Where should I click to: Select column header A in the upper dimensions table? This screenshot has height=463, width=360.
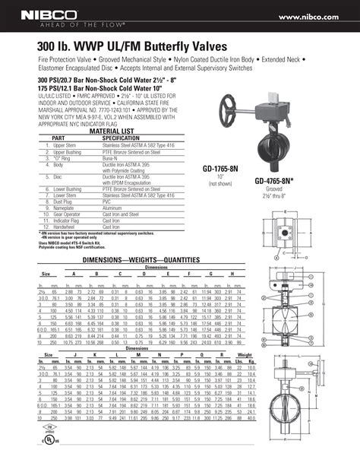coord(74,273)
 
